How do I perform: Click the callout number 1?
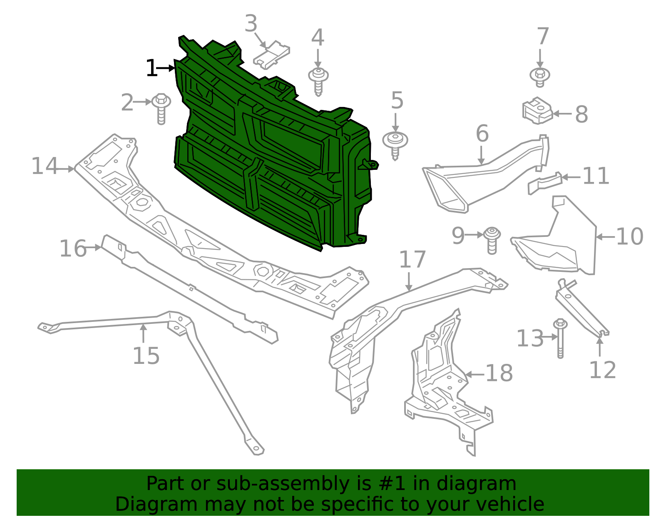pos(152,68)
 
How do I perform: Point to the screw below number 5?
pos(395,144)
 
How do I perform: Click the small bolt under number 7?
pos(540,77)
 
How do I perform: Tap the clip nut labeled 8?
pos(537,110)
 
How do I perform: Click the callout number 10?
pos(629,236)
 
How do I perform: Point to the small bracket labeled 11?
pos(544,183)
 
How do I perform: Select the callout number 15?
pos(146,356)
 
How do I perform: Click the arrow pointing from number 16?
pos(94,248)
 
